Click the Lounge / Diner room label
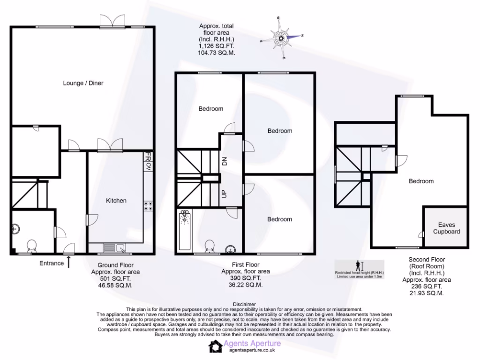tap(83, 83)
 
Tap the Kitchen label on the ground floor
tap(116, 201)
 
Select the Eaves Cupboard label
tap(446, 228)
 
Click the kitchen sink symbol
tap(115, 248)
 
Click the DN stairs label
tap(224, 162)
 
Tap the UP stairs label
tap(224, 193)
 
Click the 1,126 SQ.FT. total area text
tap(216, 46)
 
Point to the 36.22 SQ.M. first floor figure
tap(245, 285)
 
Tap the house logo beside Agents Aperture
tap(215, 346)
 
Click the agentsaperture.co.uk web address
tap(249, 350)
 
